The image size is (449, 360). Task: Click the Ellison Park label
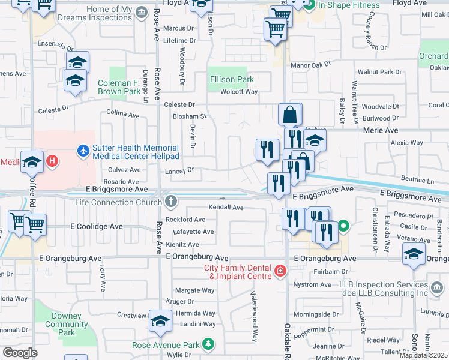tap(232, 79)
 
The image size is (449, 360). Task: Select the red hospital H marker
tap(53, 161)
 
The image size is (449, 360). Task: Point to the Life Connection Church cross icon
tap(172, 202)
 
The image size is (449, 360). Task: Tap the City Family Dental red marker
tap(280, 271)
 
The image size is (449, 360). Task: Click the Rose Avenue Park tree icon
tap(208, 344)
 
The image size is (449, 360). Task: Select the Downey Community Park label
tap(67, 324)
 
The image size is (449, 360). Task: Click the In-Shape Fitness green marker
tap(309, 5)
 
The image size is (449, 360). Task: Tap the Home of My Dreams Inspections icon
tap(142, 13)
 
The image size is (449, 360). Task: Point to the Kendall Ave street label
tap(226, 208)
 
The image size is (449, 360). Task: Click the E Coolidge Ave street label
tap(97, 227)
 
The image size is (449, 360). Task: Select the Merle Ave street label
tap(381, 130)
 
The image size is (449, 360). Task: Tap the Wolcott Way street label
tap(239, 92)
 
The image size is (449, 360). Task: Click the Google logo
tap(20, 352)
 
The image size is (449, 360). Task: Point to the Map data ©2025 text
tap(423, 355)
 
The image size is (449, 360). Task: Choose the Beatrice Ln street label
tap(417, 180)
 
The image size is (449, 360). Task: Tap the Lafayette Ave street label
tap(193, 232)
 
